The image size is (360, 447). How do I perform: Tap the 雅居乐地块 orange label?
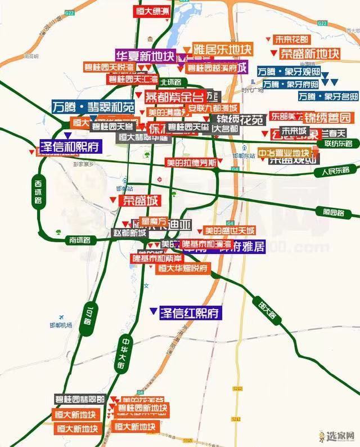(x=223, y=48)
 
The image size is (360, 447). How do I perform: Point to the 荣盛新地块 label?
(x=309, y=53)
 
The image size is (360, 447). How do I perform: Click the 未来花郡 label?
(x=291, y=39)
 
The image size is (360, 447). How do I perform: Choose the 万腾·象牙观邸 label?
(x=288, y=72)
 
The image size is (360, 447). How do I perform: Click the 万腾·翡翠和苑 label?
(x=93, y=106)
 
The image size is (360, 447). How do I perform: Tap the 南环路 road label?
(x=80, y=240)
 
